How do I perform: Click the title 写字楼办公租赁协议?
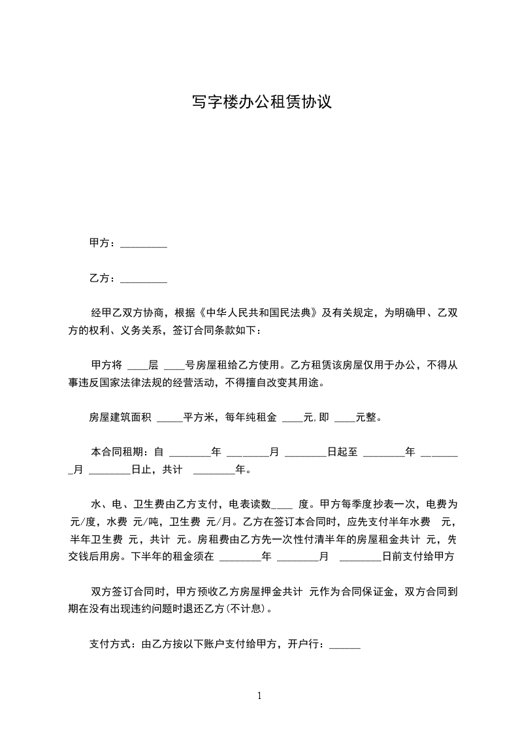click(262, 102)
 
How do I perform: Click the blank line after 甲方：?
click(144, 244)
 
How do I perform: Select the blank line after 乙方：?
click(144, 279)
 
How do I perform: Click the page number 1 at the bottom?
click(259, 695)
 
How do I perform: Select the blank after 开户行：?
click(344, 644)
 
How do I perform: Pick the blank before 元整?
click(344, 418)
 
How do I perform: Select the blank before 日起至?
click(305, 453)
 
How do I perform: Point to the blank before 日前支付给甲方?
click(361, 557)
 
